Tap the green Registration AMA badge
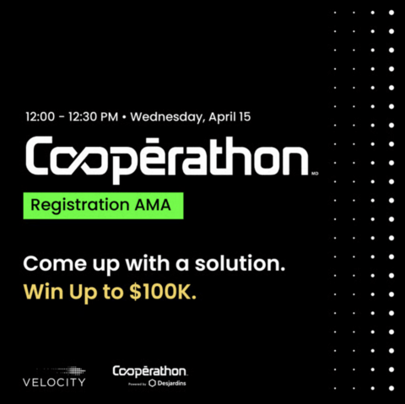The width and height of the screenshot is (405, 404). [x=103, y=206]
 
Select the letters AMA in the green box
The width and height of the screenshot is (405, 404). [x=159, y=206]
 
